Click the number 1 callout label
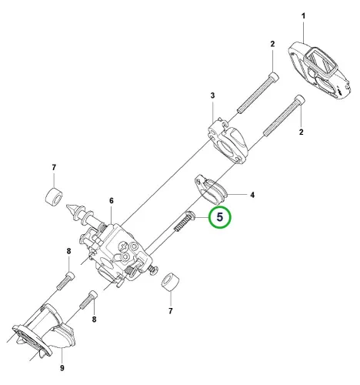pos(303,16)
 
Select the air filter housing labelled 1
pos(319,70)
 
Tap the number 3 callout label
pos(212,95)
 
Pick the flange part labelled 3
pos(228,140)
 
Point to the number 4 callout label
pos(252,195)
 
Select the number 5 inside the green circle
pos(220,217)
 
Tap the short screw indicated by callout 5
pos(185,221)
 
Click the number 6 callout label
pos(112,201)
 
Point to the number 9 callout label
pos(62,368)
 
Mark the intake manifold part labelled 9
pos(44,331)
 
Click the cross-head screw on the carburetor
pos(124,246)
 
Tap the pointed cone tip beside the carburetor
pos(72,209)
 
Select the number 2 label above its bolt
pos(272,44)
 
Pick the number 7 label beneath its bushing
pos(171,311)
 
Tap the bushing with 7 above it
pos(54,196)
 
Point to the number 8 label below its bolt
pos(94,320)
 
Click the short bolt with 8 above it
pos(65,281)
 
